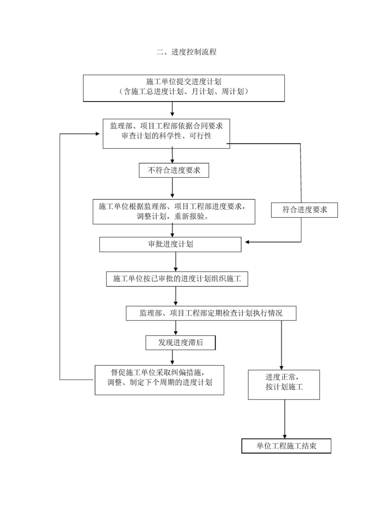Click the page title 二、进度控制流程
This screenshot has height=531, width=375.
186,52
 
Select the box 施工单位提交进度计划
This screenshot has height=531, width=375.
184,88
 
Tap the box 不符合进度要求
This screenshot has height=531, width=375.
174,170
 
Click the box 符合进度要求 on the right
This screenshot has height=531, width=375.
304,210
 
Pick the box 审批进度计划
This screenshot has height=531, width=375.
170,244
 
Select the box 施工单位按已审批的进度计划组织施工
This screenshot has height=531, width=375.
177,279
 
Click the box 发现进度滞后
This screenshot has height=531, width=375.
180,343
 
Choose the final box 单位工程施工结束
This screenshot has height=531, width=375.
286,446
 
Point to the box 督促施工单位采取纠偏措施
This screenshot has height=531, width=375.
159,379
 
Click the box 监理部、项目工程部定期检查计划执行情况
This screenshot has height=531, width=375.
211,313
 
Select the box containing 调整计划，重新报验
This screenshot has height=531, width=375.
174,212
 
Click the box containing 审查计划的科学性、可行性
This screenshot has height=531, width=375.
166,133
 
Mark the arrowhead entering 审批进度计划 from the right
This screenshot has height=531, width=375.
247,242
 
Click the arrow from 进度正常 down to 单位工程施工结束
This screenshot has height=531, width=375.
284,419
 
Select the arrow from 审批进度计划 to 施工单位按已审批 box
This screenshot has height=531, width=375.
176,262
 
